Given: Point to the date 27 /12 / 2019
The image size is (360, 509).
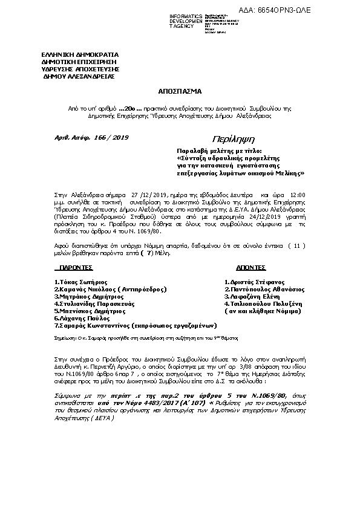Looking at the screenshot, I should [x=148, y=195].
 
